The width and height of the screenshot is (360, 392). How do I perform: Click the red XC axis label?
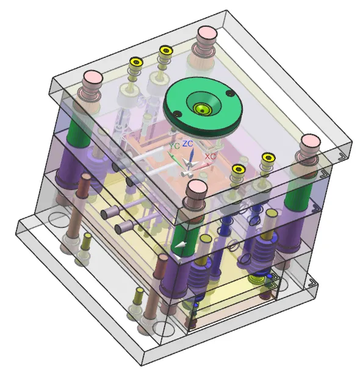pyautogui.click(x=210, y=157)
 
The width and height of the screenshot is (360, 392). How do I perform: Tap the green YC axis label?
pyautogui.click(x=174, y=146)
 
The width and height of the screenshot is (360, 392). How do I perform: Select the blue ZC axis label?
pyautogui.click(x=188, y=144)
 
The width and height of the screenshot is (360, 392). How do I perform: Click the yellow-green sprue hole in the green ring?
pyautogui.click(x=202, y=110)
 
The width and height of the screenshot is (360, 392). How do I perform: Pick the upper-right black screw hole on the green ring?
pyautogui.click(x=230, y=93)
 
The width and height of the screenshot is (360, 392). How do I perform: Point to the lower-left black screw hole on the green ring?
pyautogui.click(x=178, y=114)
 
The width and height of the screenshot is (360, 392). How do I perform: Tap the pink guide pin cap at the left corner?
pyautogui.click(x=93, y=77)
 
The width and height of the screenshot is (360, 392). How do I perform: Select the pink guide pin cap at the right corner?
pyautogui.click(x=311, y=141)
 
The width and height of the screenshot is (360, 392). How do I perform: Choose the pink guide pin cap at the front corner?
pyautogui.click(x=197, y=187)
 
